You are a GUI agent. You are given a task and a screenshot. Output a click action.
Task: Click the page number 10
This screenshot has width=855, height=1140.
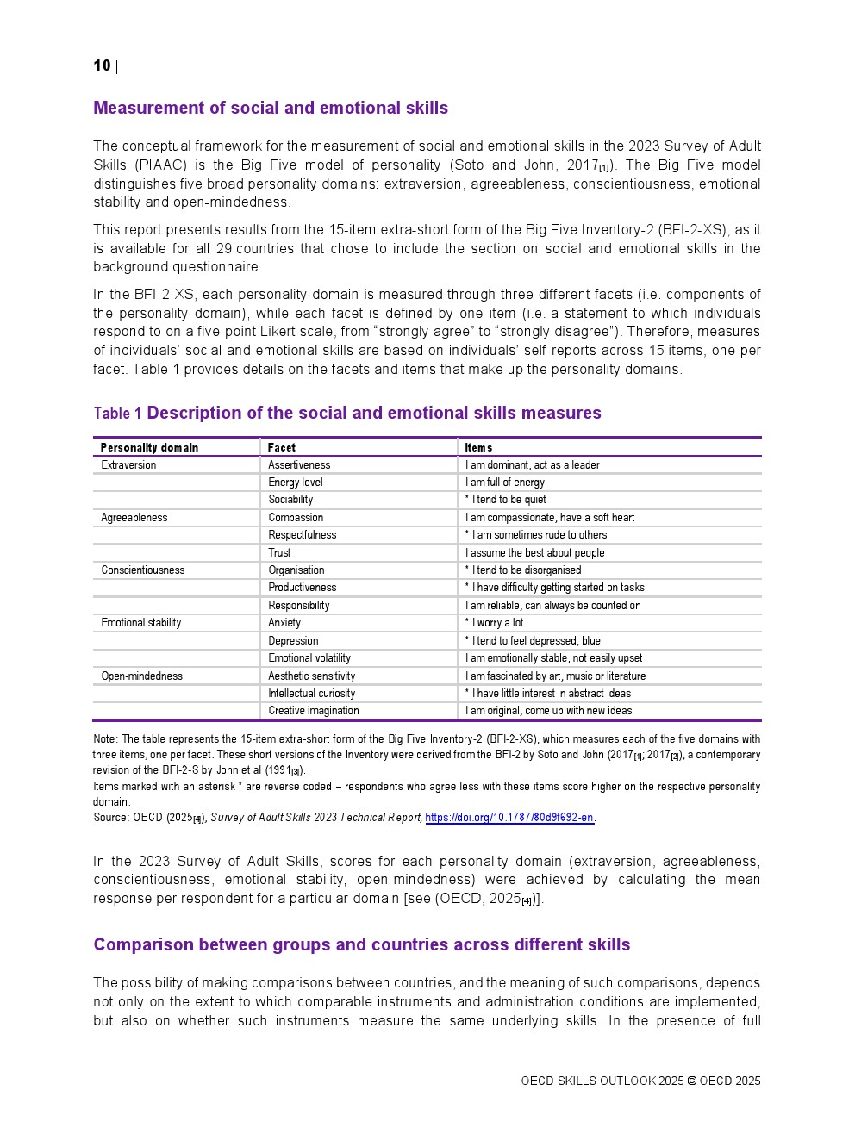[102, 65]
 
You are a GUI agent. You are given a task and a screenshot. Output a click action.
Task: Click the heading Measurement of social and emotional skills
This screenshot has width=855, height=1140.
[271, 108]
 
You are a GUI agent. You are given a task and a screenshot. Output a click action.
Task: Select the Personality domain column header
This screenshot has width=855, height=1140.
[149, 447]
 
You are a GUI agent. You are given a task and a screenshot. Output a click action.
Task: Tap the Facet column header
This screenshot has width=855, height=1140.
[281, 447]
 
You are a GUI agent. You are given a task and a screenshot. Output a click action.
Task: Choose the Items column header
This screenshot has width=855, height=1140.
[478, 447]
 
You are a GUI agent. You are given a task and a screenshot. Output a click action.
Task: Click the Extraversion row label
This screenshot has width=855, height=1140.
[128, 464]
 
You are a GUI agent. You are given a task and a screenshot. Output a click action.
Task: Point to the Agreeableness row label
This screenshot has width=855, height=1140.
[134, 517]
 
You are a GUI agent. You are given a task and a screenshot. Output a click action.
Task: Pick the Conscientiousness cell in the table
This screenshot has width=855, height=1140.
[143, 570]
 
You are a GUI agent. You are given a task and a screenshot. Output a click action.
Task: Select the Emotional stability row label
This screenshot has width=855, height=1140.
[141, 622]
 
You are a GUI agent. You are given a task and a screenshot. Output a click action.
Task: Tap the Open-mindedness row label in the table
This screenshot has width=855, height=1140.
[142, 676]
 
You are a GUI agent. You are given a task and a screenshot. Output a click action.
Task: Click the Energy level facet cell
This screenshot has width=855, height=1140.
[296, 483]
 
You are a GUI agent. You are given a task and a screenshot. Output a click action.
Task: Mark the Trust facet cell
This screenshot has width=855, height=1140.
[279, 552]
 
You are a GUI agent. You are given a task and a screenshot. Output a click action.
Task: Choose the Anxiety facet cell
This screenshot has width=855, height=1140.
[284, 622]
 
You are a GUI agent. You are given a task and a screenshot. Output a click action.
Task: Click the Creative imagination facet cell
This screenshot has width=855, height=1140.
[314, 710]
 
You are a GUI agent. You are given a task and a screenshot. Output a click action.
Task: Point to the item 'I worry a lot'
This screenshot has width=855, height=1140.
[497, 622]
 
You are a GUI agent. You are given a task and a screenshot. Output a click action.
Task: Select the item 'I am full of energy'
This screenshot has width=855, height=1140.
[505, 483]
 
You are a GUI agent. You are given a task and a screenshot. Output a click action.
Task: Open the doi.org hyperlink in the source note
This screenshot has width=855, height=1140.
[509, 817]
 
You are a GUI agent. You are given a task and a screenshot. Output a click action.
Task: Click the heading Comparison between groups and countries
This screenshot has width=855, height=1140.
[362, 944]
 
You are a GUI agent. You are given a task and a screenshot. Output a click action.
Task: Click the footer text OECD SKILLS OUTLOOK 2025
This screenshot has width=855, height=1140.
[602, 1081]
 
